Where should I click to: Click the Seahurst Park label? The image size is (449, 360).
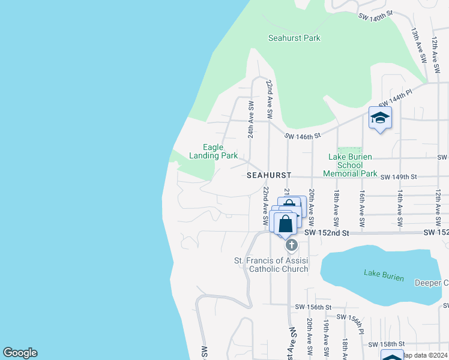tap(294, 38)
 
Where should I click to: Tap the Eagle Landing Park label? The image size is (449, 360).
tap(214, 151)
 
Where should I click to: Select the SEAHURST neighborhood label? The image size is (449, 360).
tap(269, 175)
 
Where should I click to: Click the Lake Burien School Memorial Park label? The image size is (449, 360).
tap(350, 165)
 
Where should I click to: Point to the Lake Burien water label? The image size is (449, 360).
tap(384, 276)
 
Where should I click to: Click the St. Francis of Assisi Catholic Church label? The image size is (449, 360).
tap(271, 265)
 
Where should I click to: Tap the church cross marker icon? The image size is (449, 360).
tap(291, 245)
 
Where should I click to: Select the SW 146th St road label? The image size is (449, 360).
tap(307, 137)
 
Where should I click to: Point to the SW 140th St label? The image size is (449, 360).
tap(375, 16)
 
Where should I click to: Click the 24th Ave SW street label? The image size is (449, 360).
tap(251, 119)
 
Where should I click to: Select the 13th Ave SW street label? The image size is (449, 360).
tap(418, 45)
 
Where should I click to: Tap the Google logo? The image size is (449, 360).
tap(20, 353)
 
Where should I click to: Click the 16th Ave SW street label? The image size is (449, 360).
tap(363, 208)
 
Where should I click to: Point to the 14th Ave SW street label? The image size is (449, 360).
tap(399, 208)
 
